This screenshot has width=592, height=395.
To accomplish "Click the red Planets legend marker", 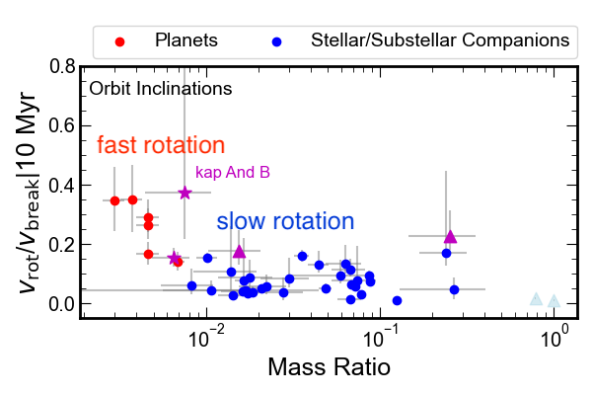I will pyautogui.click(x=119, y=41).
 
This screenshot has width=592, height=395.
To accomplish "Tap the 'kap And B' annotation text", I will pyautogui.click(x=233, y=172).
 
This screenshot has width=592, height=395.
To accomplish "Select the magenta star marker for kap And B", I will pyautogui.click(x=185, y=193).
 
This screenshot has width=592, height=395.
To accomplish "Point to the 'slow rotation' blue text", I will pyautogui.click(x=285, y=222).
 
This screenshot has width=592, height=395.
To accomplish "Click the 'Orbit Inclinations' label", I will pyautogui.click(x=160, y=89).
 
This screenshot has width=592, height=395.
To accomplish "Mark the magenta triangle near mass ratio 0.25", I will pyautogui.click(x=450, y=236).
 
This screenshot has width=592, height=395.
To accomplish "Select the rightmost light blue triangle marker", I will pyautogui.click(x=555, y=301).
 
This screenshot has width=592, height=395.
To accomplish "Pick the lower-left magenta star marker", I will pyautogui.click(x=175, y=259).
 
